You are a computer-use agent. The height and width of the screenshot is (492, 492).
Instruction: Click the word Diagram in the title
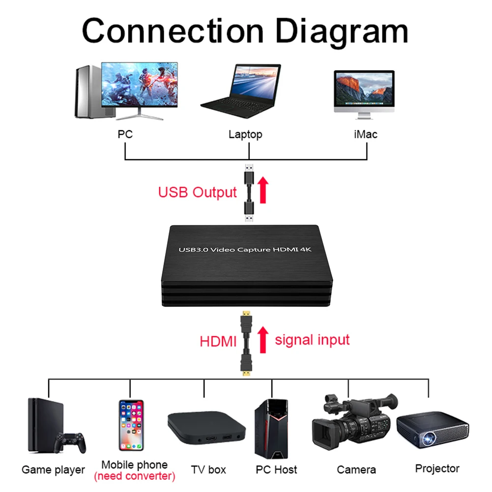tap(342, 32)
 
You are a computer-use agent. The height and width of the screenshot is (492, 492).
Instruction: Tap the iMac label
tap(366, 134)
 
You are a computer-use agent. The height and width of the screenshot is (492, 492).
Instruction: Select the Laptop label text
tap(245, 135)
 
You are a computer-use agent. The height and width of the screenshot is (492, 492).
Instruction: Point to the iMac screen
tap(364, 88)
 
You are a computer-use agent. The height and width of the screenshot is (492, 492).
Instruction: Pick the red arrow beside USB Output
tap(263, 190)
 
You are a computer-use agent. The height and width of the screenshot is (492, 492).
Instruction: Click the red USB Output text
tap(198, 192)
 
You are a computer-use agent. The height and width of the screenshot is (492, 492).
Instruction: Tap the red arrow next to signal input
tap(263, 340)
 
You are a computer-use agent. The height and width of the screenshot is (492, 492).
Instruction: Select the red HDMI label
tap(218, 342)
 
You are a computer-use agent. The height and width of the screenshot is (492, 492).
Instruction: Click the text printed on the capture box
tap(245, 250)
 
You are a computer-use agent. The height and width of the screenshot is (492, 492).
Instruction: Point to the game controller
tap(70, 442)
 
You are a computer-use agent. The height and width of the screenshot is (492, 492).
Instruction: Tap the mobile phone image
tap(131, 425)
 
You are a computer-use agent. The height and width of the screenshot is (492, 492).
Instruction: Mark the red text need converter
tap(135, 476)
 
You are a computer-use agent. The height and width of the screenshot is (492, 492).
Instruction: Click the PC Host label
tap(276, 470)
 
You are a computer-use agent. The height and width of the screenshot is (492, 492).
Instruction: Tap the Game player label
tap(54, 470)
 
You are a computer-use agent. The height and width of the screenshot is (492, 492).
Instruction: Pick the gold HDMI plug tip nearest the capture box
tap(246, 313)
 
